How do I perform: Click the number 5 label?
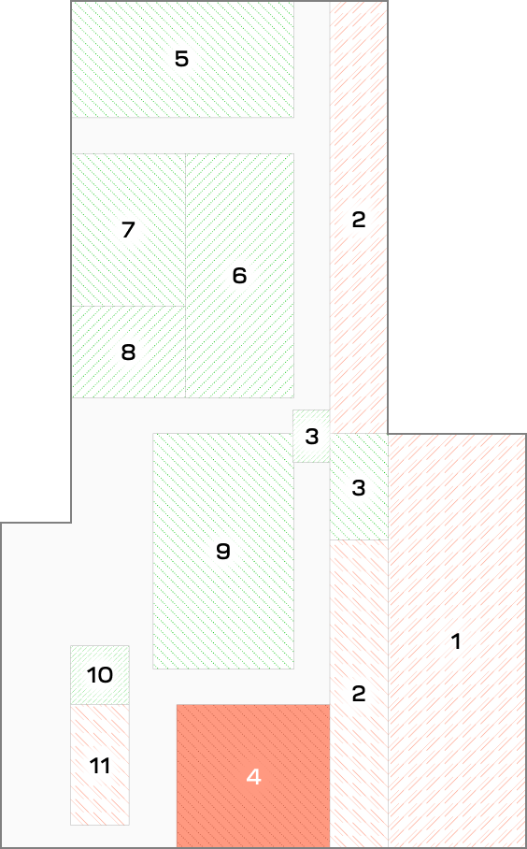click(x=181, y=59)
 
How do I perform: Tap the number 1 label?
click(x=456, y=641)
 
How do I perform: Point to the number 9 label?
click(x=223, y=552)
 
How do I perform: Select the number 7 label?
click(x=128, y=230)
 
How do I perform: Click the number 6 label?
click(x=239, y=276)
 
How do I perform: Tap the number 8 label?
click(x=128, y=353)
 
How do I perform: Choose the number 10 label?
click(x=100, y=675)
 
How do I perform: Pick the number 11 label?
click(x=100, y=766)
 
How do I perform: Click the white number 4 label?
click(x=253, y=777)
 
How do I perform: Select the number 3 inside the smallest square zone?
click(x=312, y=437)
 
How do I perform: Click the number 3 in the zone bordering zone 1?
click(x=359, y=488)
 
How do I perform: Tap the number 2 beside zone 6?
click(x=359, y=220)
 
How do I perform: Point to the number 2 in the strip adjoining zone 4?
click(x=359, y=693)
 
